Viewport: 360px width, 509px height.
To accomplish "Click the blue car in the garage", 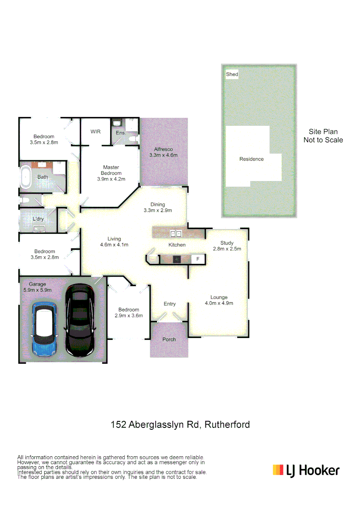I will (x=45, y=329).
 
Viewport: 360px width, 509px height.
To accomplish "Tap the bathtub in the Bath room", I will (x=26, y=177).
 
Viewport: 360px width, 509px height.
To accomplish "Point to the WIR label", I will (x=96, y=131).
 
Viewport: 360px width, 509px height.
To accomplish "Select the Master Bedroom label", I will (x=111, y=173).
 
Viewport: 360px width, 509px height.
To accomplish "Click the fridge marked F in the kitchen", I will (x=198, y=259).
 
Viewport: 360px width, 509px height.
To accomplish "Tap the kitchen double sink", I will (x=176, y=233).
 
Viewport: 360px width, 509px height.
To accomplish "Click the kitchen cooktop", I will (x=177, y=259).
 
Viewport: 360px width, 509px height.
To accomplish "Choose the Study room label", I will (x=227, y=246).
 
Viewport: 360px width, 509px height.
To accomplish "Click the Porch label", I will (x=169, y=339).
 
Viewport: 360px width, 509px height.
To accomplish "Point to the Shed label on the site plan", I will (x=232, y=74).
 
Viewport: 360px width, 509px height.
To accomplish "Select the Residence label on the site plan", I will (x=251, y=159).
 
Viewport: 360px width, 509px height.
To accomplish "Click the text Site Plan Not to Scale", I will (x=323, y=136).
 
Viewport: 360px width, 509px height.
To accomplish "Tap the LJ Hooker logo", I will (x=306, y=470).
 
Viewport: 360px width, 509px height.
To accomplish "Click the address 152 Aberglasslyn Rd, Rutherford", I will (x=180, y=425).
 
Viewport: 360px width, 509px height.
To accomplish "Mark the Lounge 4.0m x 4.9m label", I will (x=219, y=300).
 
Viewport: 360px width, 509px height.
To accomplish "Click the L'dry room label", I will (x=38, y=220).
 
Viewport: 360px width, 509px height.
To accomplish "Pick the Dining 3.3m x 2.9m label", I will (x=157, y=207).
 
